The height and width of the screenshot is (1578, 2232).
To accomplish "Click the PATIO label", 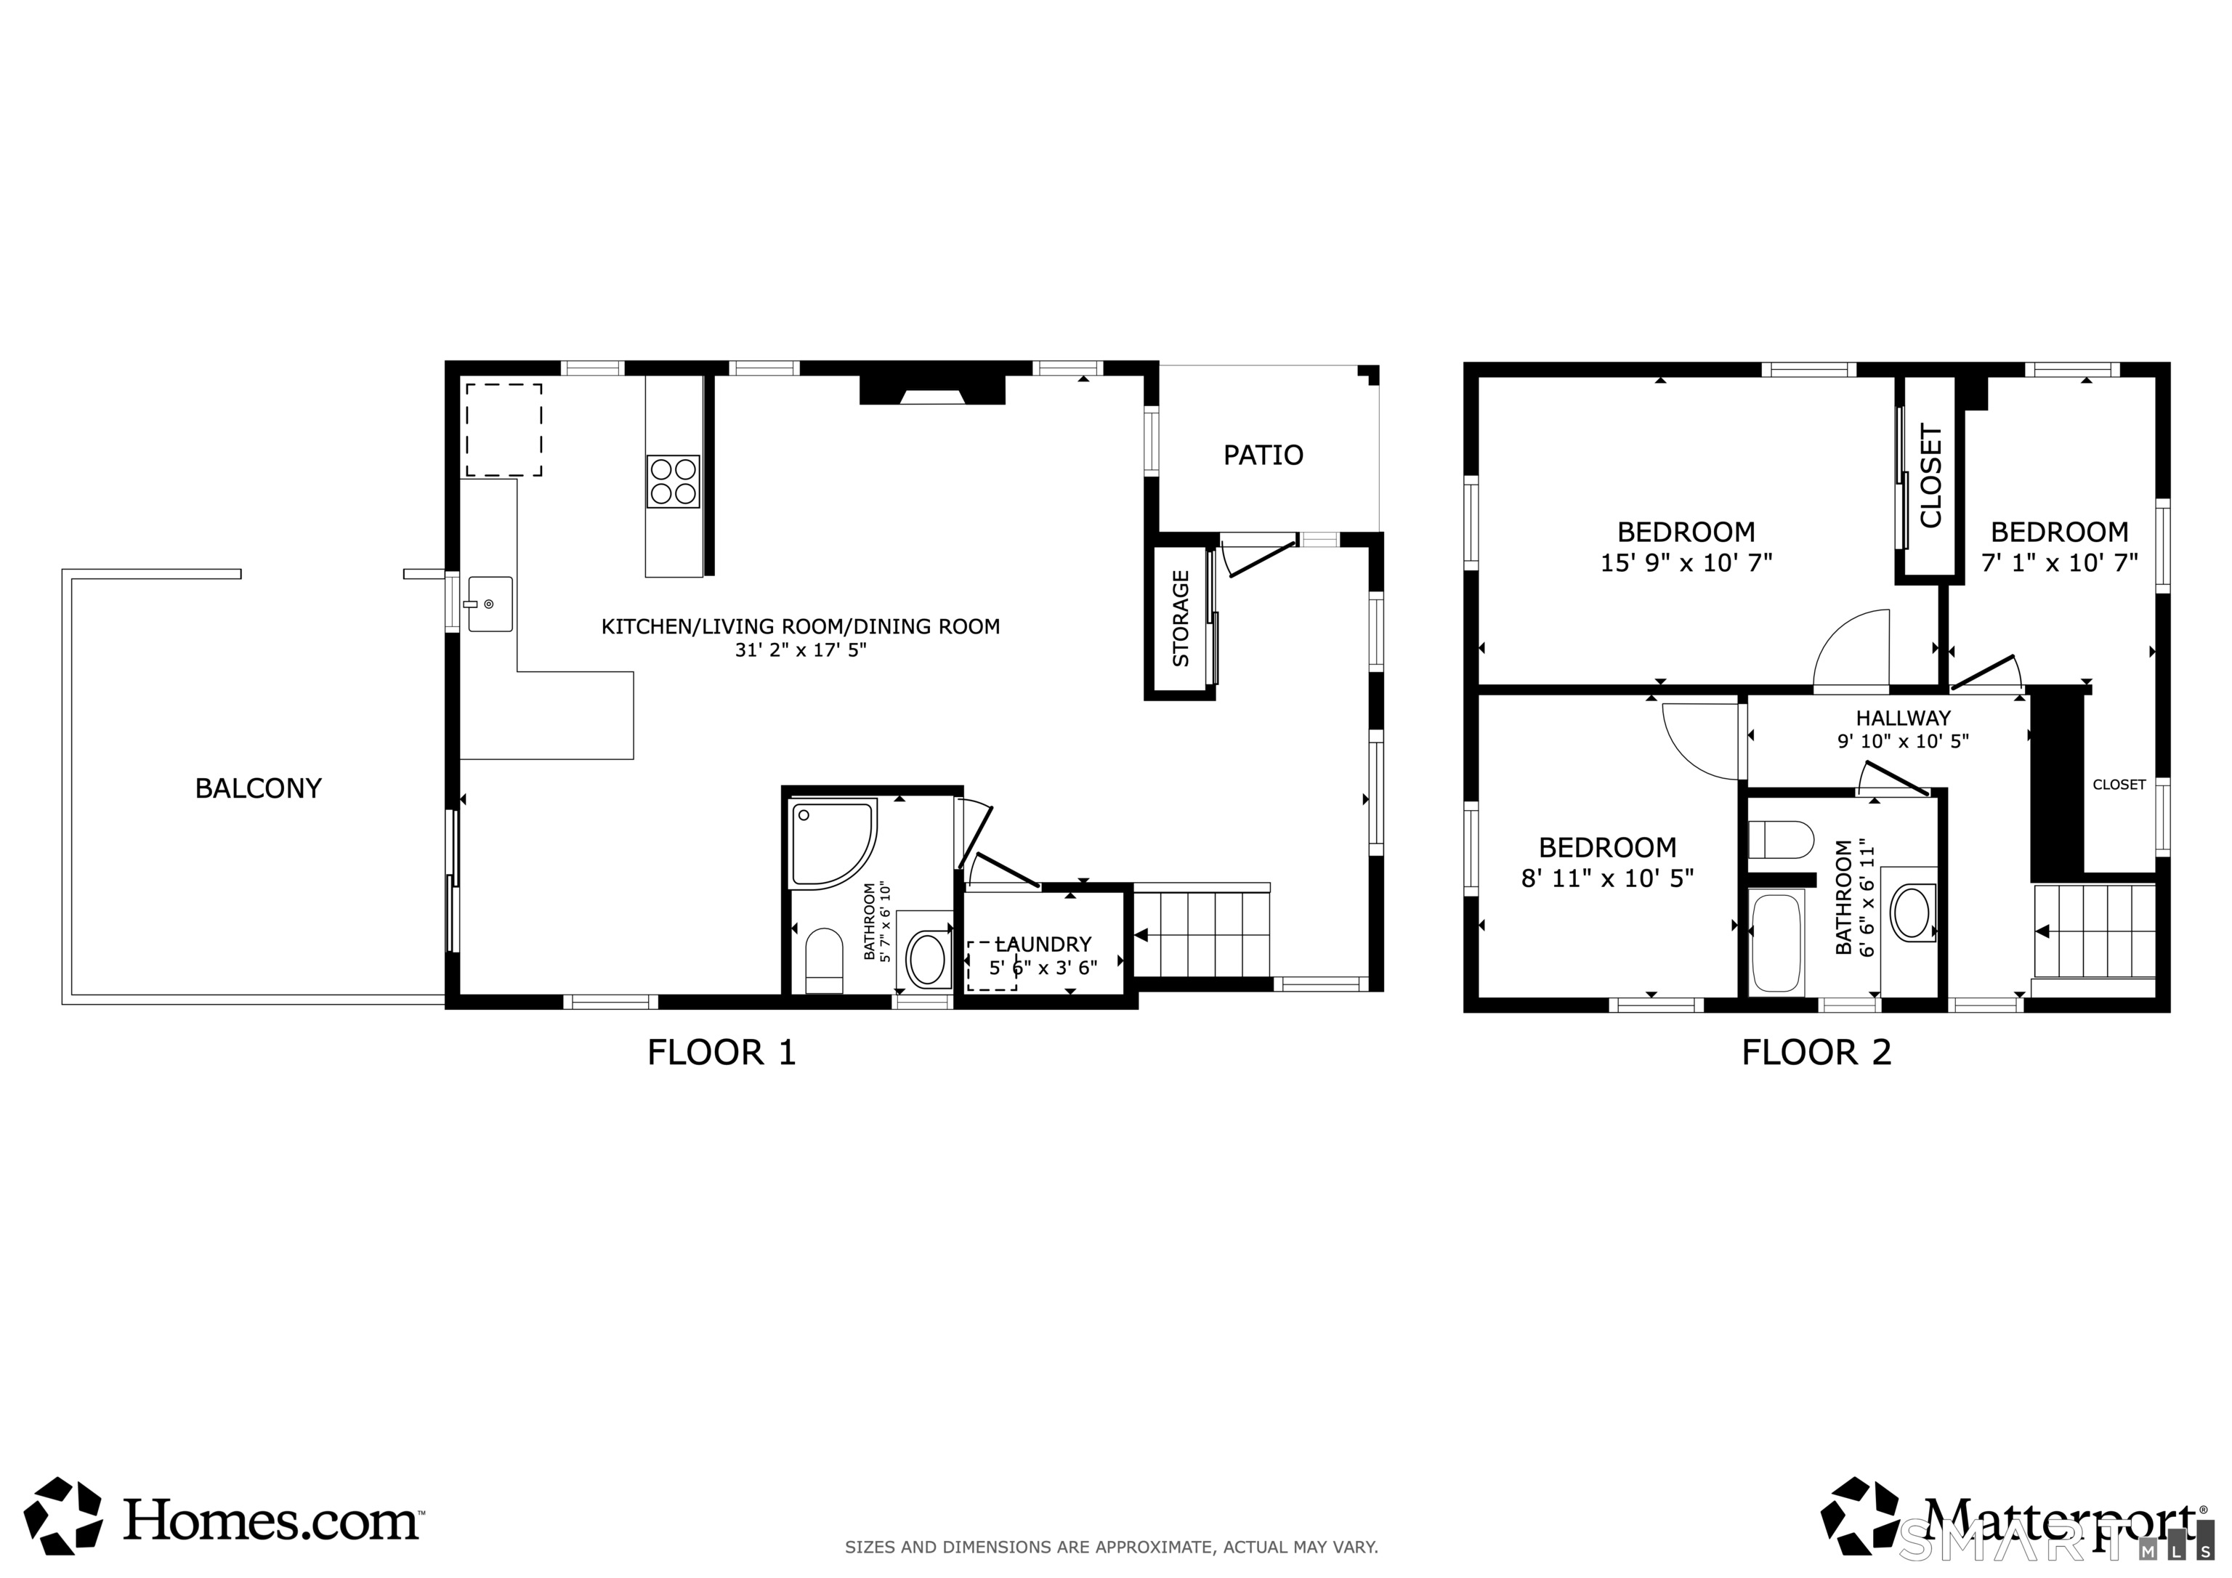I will [1262, 455].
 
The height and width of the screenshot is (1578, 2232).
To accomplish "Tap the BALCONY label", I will [258, 788].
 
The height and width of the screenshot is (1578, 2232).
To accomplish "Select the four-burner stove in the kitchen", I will [673, 481].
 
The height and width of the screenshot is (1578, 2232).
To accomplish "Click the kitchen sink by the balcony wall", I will [489, 604].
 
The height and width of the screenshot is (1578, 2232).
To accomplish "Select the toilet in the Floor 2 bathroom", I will [1781, 839].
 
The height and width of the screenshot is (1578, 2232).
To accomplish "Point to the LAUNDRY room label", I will [1043, 944].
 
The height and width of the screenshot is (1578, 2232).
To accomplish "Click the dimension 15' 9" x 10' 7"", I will [1686, 562].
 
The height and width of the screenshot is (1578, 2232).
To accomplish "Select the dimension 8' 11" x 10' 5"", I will [1607, 878].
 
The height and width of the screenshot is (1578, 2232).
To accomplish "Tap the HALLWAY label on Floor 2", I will [1902, 719].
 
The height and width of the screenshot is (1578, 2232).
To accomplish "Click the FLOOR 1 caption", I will [721, 1052].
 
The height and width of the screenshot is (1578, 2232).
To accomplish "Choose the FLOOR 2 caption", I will [1816, 1052].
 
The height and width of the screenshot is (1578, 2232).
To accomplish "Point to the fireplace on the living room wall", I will [931, 391].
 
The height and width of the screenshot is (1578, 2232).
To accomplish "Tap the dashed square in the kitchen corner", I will [504, 430].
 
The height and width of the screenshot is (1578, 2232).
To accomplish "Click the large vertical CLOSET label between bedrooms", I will [1930, 477].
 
